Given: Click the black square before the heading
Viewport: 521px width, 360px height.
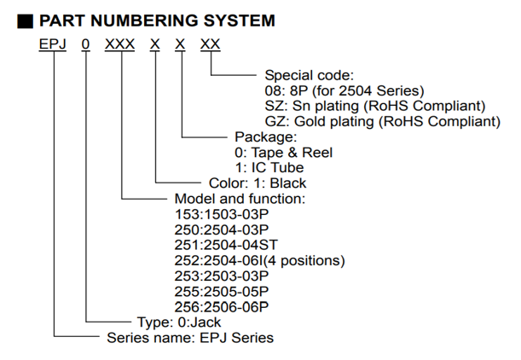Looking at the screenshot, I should (26, 19).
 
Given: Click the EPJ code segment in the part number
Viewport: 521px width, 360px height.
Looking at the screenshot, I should (53, 44).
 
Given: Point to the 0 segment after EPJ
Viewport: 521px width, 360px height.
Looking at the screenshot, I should (86, 44).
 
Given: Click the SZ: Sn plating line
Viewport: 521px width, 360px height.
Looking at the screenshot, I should (375, 106).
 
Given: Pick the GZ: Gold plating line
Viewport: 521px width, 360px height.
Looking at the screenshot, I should (382, 121).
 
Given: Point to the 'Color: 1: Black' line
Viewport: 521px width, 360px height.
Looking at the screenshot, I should (257, 183).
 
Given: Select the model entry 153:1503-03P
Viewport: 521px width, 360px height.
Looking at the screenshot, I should (221, 214).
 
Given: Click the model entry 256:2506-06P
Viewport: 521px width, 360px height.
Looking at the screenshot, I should (221, 306).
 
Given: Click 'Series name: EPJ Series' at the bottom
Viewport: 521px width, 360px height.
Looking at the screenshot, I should (189, 337).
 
